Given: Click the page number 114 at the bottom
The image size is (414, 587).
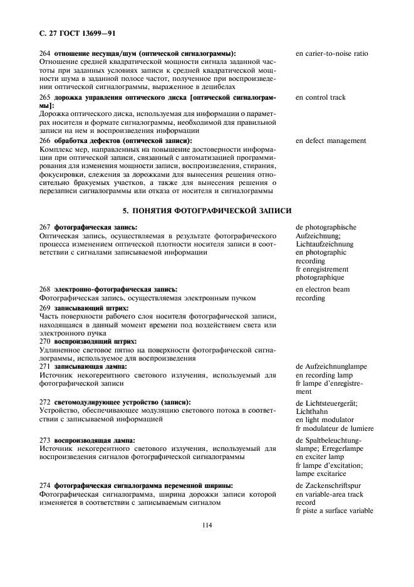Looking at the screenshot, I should pos(207,525).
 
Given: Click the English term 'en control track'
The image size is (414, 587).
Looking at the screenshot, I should pos(320,97).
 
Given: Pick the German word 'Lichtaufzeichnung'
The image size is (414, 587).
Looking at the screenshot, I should pos(325,243).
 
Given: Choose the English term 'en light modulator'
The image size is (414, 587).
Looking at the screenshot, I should pos(326,420).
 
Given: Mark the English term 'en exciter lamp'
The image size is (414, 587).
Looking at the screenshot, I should pos(321,457).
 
